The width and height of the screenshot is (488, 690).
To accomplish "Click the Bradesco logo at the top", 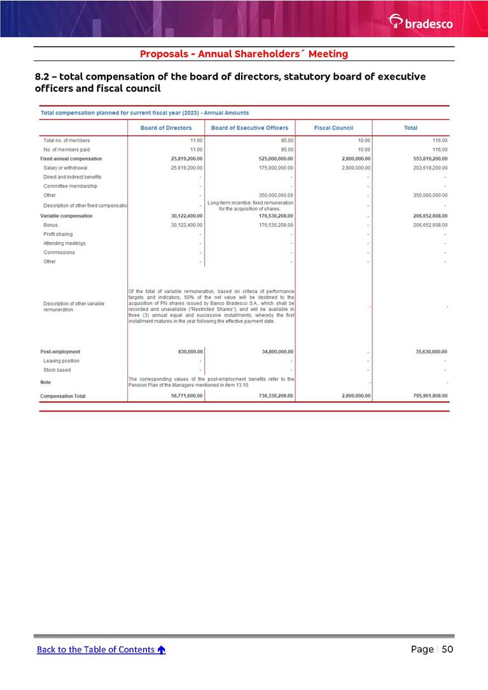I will point(421,22).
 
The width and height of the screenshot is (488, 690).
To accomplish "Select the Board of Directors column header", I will point(166,128).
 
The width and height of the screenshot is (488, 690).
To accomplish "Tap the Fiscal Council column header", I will point(333,128).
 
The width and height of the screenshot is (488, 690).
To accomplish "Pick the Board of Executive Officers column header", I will point(249,128).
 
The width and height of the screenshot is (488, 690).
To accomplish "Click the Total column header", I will point(410,128).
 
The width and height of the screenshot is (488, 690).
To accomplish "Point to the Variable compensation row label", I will point(66,216).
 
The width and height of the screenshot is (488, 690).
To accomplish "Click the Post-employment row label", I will point(60,352).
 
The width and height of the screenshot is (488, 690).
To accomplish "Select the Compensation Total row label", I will point(63,396).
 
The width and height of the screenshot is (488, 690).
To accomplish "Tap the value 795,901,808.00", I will point(426,396).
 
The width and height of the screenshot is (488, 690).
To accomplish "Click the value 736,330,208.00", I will point(271,396).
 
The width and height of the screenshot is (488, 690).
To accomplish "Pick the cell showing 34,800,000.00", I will point(273,352).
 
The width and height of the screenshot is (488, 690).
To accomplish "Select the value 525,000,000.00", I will point(271,159).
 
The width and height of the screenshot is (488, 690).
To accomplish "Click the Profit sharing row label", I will point(58,234).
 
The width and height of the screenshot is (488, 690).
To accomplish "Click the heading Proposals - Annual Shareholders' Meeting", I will point(244,54).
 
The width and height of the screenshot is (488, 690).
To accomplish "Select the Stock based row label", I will point(57,370).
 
